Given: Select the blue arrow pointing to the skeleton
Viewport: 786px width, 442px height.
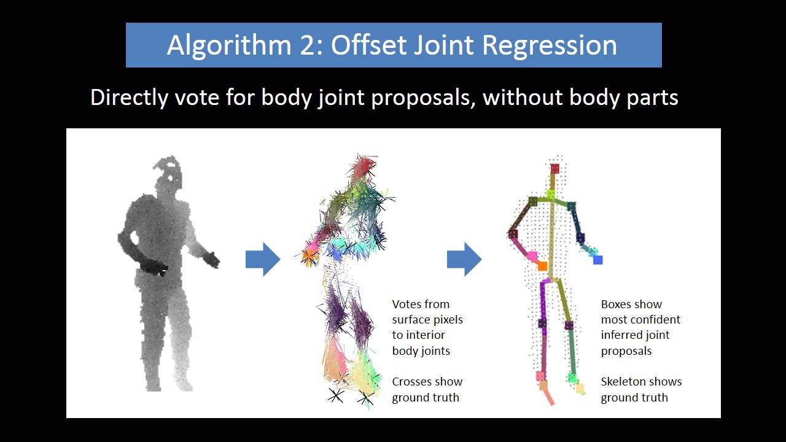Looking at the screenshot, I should pyautogui.click(x=464, y=260).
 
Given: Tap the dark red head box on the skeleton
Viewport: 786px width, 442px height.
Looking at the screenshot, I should pyautogui.click(x=555, y=168).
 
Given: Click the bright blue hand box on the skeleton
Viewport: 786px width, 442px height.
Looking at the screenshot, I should pyautogui.click(x=597, y=260).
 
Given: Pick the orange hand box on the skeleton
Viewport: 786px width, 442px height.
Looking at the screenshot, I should pyautogui.click(x=542, y=266).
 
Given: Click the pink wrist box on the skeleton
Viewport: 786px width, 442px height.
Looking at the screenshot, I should pyautogui.click(x=532, y=255).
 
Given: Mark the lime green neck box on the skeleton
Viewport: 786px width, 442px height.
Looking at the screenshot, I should pyautogui.click(x=551, y=195).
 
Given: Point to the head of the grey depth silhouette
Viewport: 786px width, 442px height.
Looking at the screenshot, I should pyautogui.click(x=168, y=172).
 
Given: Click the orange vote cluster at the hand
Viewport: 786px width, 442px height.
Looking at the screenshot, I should pyautogui.click(x=308, y=257).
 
